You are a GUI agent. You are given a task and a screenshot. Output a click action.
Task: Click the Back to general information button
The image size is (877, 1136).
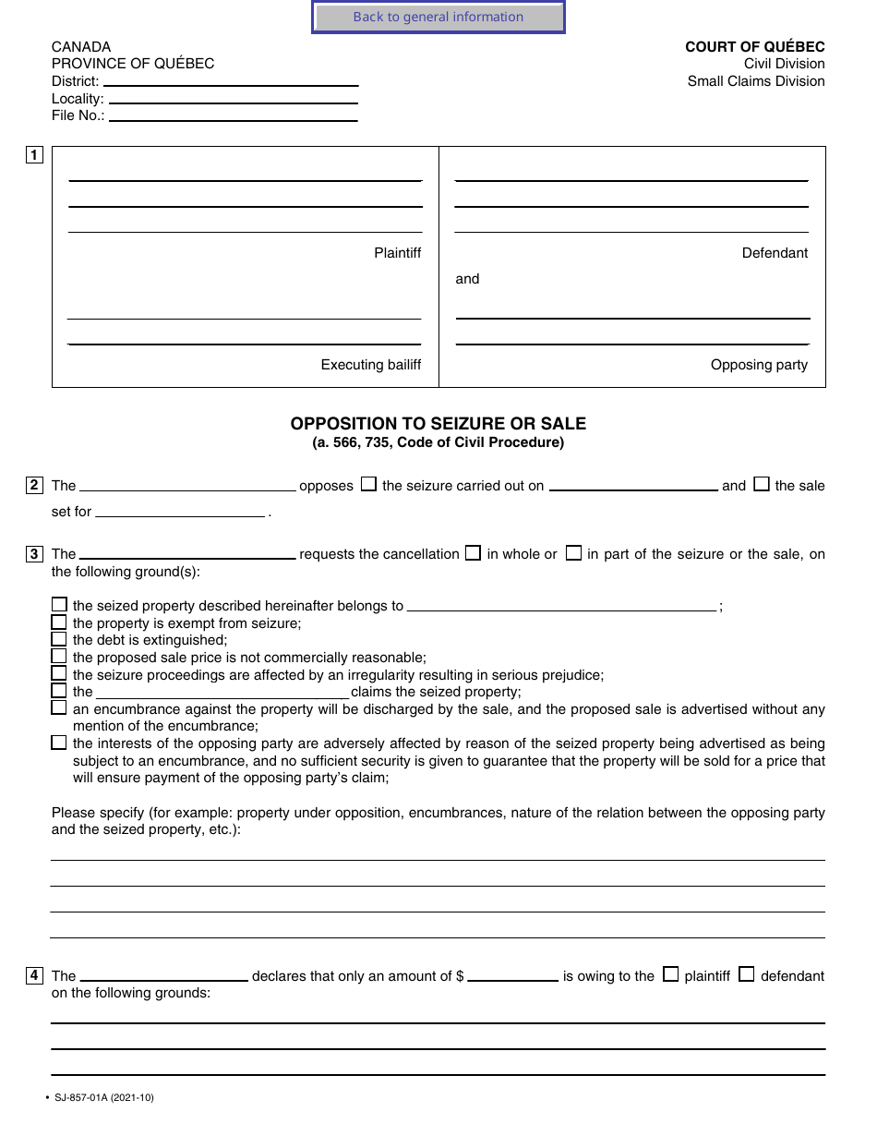(438, 17)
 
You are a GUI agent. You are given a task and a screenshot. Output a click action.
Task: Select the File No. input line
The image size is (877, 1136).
(233, 115)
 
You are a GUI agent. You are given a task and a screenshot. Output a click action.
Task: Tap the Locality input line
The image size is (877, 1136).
(233, 98)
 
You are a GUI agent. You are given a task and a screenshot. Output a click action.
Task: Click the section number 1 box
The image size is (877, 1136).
(34, 155)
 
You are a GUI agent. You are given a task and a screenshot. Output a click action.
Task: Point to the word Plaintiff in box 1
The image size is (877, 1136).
(397, 253)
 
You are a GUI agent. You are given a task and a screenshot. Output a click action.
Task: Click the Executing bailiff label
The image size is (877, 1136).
(370, 365)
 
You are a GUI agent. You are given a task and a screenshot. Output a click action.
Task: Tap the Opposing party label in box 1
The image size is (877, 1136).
(759, 365)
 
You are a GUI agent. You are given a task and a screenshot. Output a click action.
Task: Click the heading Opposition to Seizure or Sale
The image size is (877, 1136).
(438, 424)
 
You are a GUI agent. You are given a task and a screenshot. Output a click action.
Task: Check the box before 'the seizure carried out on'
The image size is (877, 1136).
(368, 484)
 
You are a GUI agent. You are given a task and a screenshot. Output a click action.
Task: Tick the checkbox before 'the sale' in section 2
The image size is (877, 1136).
(762, 484)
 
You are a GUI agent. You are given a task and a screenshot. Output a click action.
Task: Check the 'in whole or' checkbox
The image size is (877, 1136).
(474, 553)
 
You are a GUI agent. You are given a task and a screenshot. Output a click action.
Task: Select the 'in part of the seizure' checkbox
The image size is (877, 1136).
(573, 553)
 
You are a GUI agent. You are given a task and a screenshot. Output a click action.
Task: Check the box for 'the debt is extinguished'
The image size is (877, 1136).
(59, 639)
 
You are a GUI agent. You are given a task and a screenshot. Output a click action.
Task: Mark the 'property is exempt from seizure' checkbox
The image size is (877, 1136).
(59, 622)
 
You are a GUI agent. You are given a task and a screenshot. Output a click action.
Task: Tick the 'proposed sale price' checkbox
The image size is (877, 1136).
(59, 657)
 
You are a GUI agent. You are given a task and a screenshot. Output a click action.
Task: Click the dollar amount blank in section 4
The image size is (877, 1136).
(512, 975)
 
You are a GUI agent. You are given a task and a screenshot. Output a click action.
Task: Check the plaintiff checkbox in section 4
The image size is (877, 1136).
(671, 974)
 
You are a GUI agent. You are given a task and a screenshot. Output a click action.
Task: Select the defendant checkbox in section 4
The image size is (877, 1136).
(747, 974)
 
